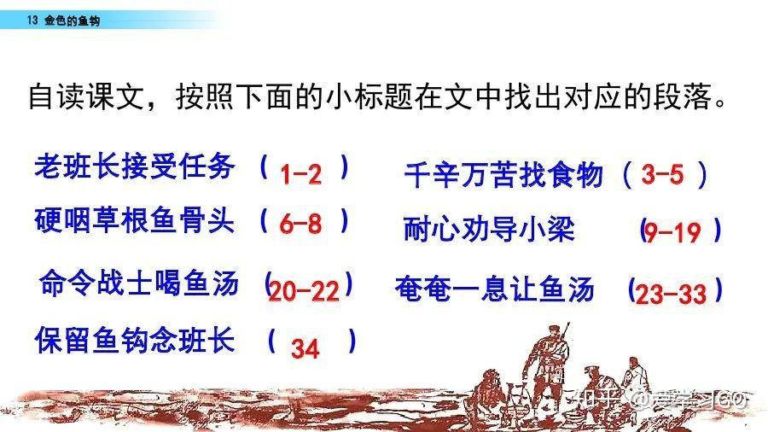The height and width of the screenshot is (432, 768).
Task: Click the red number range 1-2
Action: point(300,174)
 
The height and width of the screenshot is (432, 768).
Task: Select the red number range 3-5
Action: point(662,174)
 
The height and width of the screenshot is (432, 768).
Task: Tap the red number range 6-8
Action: point(300,224)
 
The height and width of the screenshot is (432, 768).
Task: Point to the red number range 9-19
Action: point(672,232)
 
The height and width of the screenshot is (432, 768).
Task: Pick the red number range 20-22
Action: point(304,291)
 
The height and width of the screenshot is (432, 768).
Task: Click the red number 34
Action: point(305,348)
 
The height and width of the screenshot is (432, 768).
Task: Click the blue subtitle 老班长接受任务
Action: point(134,166)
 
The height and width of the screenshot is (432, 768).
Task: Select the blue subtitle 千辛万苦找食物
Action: point(503,175)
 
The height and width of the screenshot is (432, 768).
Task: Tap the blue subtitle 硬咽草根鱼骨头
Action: point(134,219)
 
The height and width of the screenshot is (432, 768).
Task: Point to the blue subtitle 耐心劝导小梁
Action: point(489,228)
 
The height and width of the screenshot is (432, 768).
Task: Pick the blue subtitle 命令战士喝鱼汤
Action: point(139,283)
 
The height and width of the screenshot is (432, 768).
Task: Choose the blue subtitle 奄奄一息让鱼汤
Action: point(494,289)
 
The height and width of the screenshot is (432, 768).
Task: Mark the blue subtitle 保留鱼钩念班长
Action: point(135,340)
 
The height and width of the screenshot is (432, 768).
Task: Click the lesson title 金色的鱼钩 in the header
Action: point(72,20)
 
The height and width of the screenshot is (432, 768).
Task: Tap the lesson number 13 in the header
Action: point(32,20)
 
